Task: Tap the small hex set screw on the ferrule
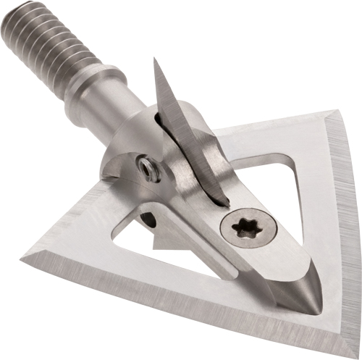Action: pyautogui.click(x=150, y=169)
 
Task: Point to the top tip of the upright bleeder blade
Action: pyautogui.click(x=155, y=60)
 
